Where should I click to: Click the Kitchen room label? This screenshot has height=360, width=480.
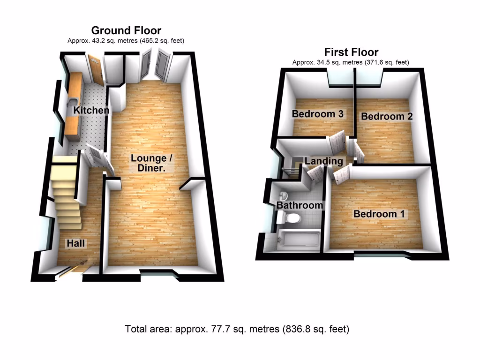(x=91, y=111)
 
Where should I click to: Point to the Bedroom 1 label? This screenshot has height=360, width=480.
(x=379, y=214)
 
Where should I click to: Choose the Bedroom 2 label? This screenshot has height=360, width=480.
(x=387, y=116)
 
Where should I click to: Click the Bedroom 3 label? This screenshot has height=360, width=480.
(x=318, y=113)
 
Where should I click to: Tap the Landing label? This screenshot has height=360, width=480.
(x=323, y=161)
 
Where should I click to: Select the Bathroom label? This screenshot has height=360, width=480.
(x=299, y=205)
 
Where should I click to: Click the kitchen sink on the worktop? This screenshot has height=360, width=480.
(x=73, y=102)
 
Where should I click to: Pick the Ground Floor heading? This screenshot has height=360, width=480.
(x=126, y=30)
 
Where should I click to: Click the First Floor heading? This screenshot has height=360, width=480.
(x=351, y=52)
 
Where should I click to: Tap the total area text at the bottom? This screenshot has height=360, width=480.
(x=237, y=329)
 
